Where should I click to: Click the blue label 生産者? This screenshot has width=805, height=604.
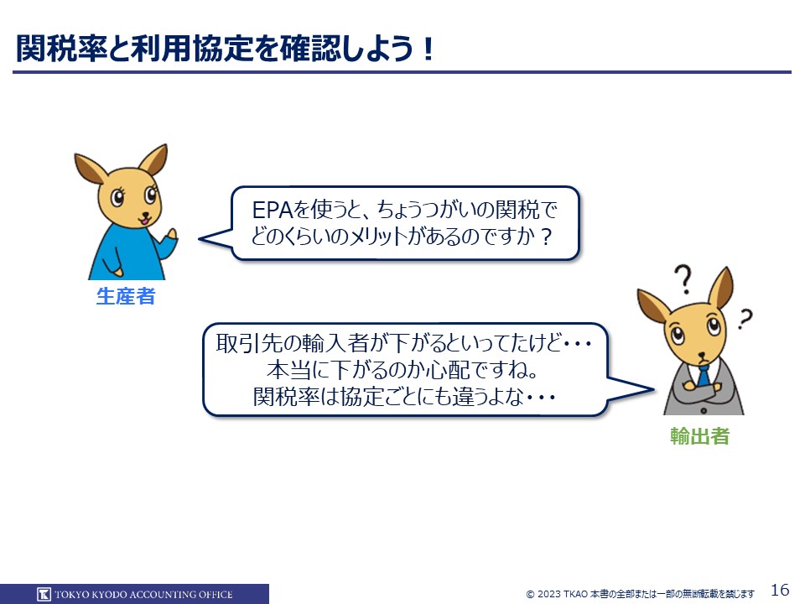pos(126,296)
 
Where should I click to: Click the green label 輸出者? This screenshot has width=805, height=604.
pos(699,436)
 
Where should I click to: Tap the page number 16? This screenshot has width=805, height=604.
pos(780,589)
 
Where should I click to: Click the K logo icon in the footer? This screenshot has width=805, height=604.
pos(44,594)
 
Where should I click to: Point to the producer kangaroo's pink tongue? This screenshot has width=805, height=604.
pos(145,221)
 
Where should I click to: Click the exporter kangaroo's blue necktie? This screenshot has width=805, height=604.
pos(703,375)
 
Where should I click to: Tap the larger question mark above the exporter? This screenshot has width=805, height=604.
pos(683,279)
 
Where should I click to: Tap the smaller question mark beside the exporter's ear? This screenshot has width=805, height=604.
pos(745,319)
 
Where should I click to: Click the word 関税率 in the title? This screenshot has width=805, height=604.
pos(61,49)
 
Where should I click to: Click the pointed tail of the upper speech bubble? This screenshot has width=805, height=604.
pos(200,239)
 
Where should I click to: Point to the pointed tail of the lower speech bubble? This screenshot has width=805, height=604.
pos(654,390)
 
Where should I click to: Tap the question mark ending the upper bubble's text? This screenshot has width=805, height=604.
pos(546,237)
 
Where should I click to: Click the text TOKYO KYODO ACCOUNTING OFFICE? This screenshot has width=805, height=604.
pos(143,595)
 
